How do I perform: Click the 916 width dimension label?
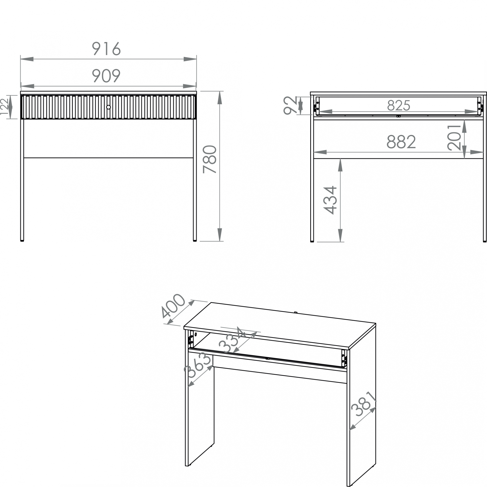pos(106,48)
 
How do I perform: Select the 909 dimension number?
pos(106,76)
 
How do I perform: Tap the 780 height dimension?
pos(210,159)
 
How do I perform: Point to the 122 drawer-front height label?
pos(4,106)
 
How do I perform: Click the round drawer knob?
pos(109,107)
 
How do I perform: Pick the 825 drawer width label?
pos(399,105)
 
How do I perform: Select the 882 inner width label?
pos(401,142)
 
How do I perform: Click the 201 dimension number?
pos(454,138)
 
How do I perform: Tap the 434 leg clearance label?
pos(330,200)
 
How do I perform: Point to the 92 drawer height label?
pos(291,106)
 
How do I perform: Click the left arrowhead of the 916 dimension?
pos(27,59)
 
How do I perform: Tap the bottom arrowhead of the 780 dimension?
pos(220,235)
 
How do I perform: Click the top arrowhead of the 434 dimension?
pos(340,165)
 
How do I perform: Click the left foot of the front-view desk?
pos(22,241)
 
